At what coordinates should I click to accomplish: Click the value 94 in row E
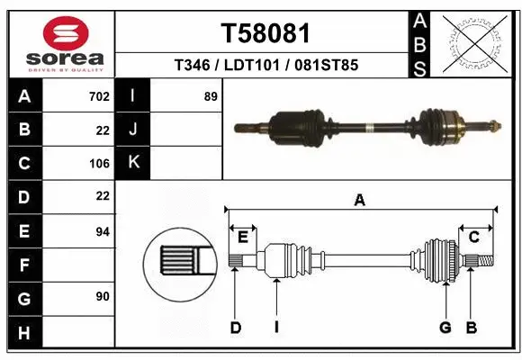pyautogui.click(x=102, y=231)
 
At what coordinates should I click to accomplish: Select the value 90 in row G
pyautogui.click(x=102, y=296)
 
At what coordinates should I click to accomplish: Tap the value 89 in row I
pyautogui.click(x=211, y=96)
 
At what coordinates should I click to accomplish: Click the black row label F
pyautogui.click(x=24, y=265)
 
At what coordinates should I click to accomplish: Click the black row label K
pyautogui.click(x=133, y=163)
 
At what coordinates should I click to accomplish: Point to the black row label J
pyautogui.click(x=133, y=130)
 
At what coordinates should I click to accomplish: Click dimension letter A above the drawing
pyautogui.click(x=360, y=201)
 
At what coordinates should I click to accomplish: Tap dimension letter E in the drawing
pyautogui.click(x=242, y=237)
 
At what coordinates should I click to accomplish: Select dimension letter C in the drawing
pyautogui.click(x=473, y=237)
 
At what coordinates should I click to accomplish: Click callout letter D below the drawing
pyautogui.click(x=235, y=328)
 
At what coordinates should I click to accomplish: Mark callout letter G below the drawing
pyautogui.click(x=445, y=328)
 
